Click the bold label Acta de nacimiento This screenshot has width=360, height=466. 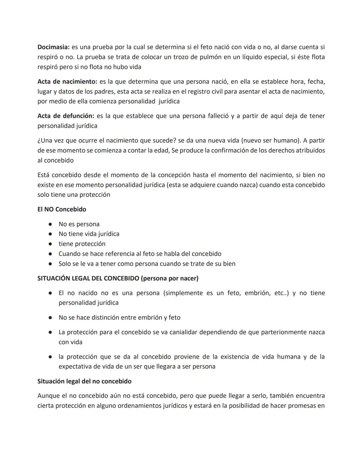pos(67,81)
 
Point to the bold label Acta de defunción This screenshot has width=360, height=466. pos(66,116)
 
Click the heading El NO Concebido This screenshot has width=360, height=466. pos(62,209)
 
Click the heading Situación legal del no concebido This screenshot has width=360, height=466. pos(84,381)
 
